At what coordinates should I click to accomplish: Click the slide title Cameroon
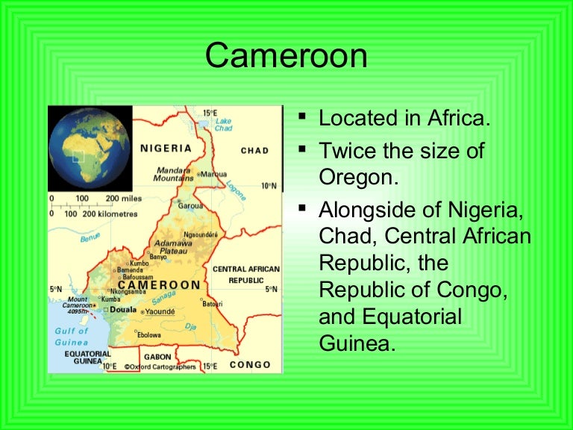click(x=286, y=56)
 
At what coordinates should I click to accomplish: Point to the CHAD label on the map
click(x=254, y=151)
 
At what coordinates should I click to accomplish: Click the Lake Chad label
click(x=223, y=124)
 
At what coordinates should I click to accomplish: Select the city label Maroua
click(x=214, y=175)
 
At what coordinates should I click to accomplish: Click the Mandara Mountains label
click(x=173, y=174)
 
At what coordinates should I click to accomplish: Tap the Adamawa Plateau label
click(x=172, y=247)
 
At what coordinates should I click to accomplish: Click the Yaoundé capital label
click(x=160, y=311)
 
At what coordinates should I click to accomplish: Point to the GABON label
click(x=157, y=358)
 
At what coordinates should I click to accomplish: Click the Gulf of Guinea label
click(x=72, y=336)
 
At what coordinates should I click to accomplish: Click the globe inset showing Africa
click(x=90, y=148)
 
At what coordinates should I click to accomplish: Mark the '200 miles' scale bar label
click(x=123, y=199)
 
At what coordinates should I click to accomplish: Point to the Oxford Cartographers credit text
click(x=160, y=367)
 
